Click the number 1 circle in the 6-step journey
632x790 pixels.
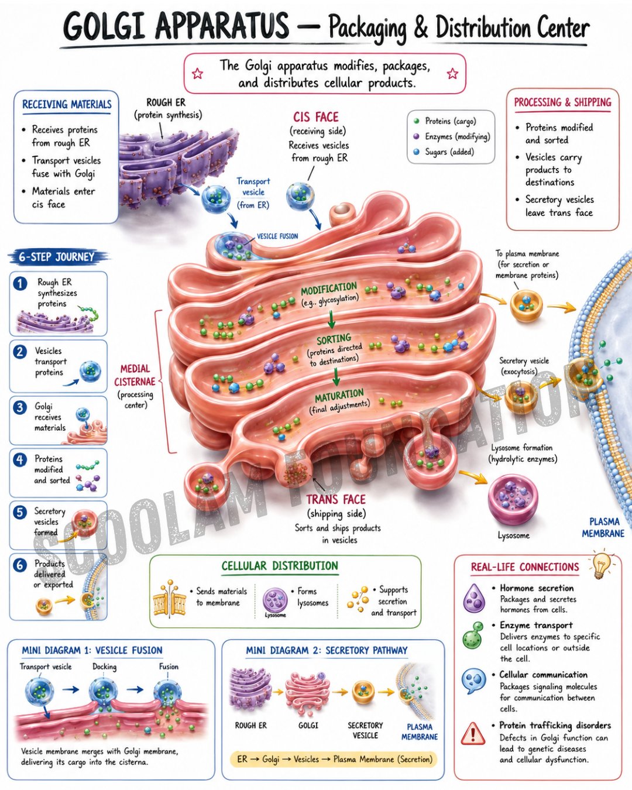(20, 283)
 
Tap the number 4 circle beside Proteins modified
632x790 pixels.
(20, 460)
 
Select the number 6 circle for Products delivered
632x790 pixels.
(20, 565)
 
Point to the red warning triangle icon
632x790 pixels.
(473, 734)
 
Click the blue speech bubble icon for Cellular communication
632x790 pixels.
(474, 681)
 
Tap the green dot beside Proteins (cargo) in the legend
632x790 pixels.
(417, 121)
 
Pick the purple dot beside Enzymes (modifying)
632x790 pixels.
(417, 136)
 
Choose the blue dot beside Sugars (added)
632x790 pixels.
(417, 152)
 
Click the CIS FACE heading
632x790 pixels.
(316, 117)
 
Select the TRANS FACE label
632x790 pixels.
(336, 500)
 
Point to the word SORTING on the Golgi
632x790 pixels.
(334, 338)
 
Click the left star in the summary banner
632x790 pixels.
(198, 73)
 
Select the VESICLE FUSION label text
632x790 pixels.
(277, 236)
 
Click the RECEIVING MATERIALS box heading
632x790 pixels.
(67, 105)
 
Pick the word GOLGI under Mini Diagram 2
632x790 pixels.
(308, 726)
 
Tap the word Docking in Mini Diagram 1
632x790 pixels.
(105, 667)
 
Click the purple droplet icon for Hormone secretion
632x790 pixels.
(474, 598)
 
